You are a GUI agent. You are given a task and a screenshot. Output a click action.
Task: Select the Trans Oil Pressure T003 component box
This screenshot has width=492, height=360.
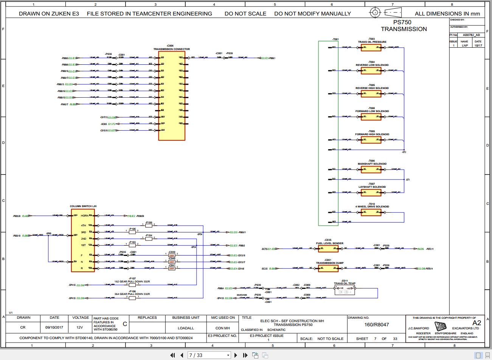tap(371, 48)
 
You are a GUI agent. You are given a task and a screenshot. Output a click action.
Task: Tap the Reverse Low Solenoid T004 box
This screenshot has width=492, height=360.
tap(371, 71)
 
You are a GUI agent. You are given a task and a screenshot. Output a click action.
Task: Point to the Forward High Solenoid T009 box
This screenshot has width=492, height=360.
tap(371, 140)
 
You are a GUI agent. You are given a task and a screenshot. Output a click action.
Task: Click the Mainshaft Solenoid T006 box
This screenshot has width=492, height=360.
tap(371, 170)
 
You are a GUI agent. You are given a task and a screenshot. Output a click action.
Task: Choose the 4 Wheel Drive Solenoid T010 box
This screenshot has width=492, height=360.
tap(371, 212)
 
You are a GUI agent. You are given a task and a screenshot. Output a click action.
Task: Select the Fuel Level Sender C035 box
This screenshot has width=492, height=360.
tap(328, 249)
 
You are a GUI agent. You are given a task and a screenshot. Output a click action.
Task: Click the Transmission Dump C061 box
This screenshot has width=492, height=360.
tap(328, 268)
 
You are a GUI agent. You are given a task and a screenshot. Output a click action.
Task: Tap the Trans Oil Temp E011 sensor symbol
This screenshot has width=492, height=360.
tap(345, 290)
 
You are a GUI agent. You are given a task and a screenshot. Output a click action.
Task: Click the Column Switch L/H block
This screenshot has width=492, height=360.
tap(83, 240)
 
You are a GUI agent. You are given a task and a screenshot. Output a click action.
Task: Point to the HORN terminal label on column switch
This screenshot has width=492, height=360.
tap(84, 216)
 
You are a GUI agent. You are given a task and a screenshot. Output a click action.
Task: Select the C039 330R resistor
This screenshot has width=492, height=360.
tap(172, 256)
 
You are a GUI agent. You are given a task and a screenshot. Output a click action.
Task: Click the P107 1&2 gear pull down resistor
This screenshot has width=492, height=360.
tap(132, 285)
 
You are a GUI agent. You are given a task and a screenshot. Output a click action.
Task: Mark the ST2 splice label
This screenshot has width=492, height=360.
tap(404, 152)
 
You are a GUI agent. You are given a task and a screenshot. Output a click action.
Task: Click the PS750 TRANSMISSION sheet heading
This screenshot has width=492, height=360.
tap(404, 26)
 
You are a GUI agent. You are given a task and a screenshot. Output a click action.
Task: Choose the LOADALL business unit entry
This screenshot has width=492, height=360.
tap(186, 328)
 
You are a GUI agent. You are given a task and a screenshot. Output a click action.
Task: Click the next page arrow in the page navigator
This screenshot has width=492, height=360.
tap(236, 355)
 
